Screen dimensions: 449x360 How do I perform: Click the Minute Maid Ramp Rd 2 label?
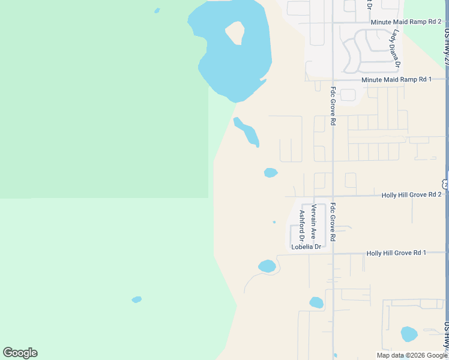(x=406, y=22)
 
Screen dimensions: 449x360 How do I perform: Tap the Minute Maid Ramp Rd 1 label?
(x=397, y=79)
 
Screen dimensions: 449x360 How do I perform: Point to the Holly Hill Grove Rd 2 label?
(x=411, y=195)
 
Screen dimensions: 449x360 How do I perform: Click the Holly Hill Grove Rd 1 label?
(x=396, y=253)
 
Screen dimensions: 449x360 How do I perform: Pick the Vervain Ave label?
(x=313, y=221)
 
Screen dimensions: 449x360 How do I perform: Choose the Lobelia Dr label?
(x=306, y=247)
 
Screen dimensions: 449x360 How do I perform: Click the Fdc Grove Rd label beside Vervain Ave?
(x=333, y=223)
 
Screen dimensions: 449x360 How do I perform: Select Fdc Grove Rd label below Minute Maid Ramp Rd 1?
(x=333, y=106)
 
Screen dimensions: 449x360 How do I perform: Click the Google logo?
(x=20, y=353)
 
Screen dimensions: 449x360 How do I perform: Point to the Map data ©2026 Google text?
(x=412, y=355)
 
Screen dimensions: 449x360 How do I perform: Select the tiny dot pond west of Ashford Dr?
(x=274, y=222)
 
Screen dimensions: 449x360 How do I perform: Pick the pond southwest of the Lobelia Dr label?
(x=267, y=266)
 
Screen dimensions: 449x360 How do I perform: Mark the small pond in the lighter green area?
(x=137, y=299)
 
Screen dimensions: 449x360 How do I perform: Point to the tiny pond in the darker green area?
(x=157, y=10)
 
